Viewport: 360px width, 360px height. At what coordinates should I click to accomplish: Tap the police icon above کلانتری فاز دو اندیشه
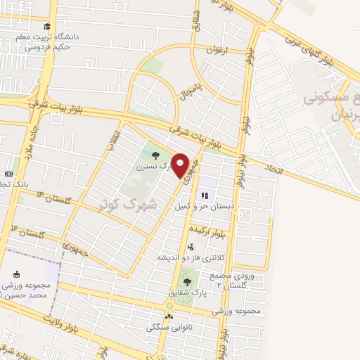191,247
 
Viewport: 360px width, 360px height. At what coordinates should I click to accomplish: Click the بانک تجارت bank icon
8,174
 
